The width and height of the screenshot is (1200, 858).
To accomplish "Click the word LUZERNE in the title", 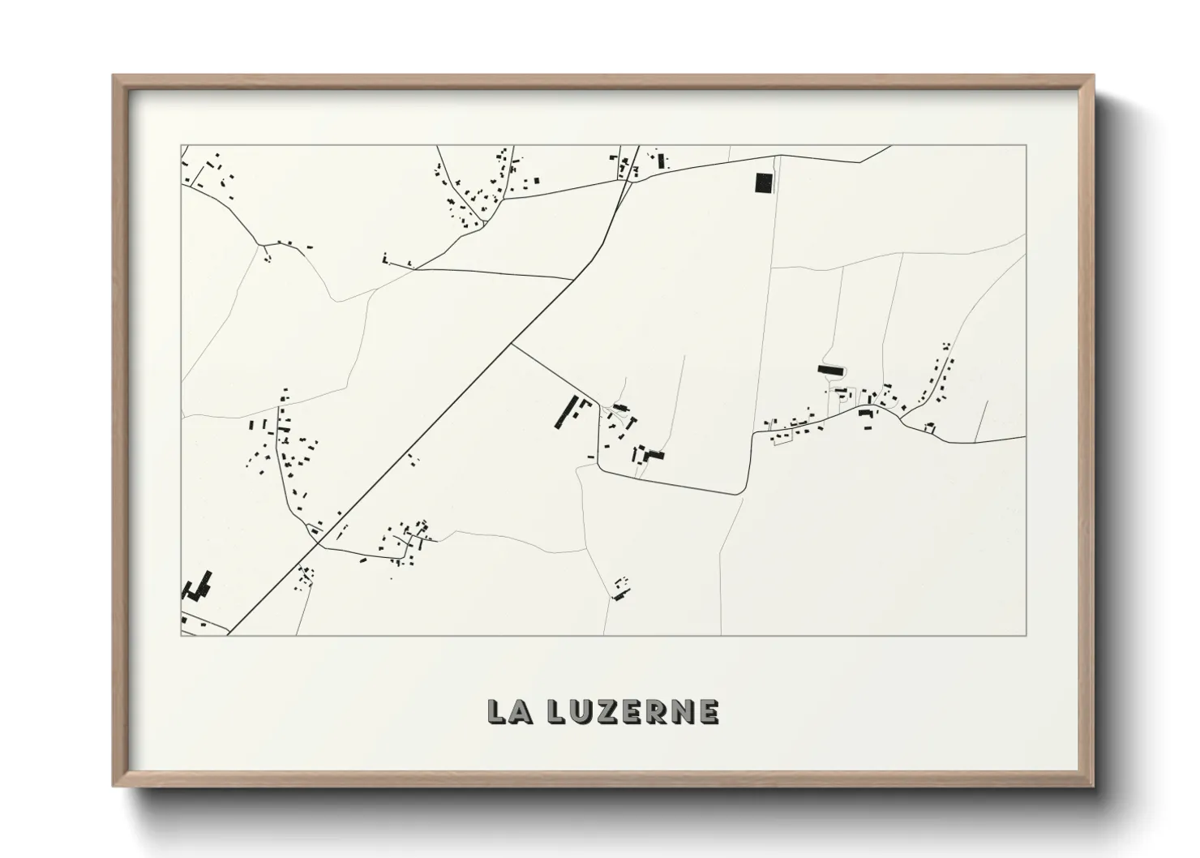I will [632, 711].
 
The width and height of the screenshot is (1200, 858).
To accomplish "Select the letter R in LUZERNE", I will [656, 711].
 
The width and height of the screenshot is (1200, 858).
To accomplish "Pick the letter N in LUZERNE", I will [682, 711].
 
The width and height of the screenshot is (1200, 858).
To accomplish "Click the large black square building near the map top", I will [764, 183].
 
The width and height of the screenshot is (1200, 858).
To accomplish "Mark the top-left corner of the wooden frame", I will [114, 76].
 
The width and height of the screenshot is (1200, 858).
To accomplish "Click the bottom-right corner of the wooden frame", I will [1093, 787].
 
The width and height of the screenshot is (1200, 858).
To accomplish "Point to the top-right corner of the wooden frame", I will [1093, 76].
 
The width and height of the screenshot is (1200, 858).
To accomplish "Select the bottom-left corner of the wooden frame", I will [114, 787].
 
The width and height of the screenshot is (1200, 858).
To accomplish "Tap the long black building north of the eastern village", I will [831, 369].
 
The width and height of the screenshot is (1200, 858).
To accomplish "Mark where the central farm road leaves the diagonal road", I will [512, 345].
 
